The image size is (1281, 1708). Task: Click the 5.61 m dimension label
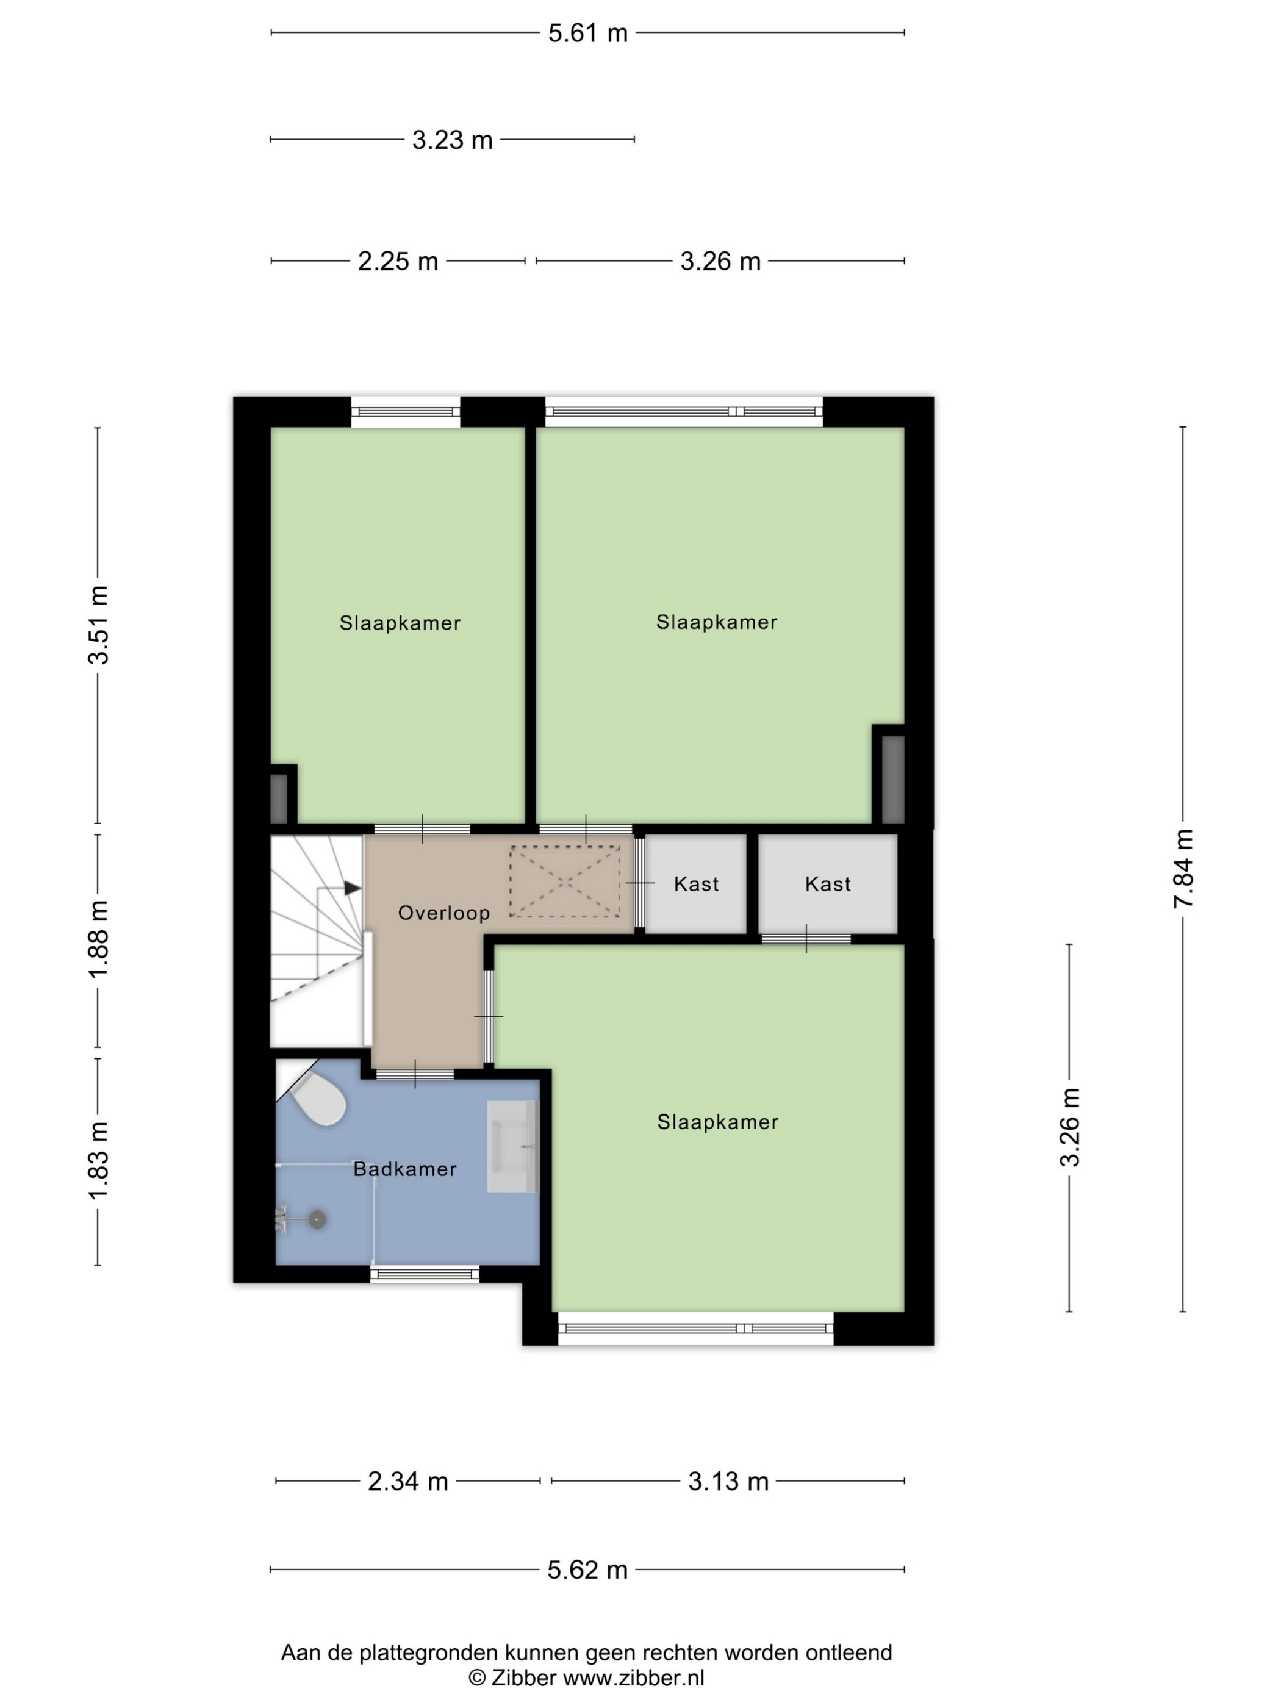pyautogui.click(x=587, y=33)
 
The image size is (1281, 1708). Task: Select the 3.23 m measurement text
pyautogui.click(x=452, y=140)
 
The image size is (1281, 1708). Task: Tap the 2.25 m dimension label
pyautogui.click(x=398, y=261)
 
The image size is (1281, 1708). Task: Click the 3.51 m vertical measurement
pyautogui.click(x=98, y=625)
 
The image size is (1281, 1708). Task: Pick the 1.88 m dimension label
pyautogui.click(x=98, y=939)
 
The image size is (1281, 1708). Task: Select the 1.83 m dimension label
pyautogui.click(x=98, y=1161)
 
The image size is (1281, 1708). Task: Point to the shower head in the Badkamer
pyautogui.click(x=317, y=1220)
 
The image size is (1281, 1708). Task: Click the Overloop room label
pyautogui.click(x=444, y=913)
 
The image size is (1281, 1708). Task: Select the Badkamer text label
pyautogui.click(x=404, y=1169)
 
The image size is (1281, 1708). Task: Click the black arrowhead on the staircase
pyautogui.click(x=352, y=888)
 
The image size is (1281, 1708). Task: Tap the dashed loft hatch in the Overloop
pyautogui.click(x=564, y=881)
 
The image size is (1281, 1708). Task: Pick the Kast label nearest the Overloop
pyautogui.click(x=696, y=884)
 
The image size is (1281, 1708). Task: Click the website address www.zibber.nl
pyautogui.click(x=633, y=1678)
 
